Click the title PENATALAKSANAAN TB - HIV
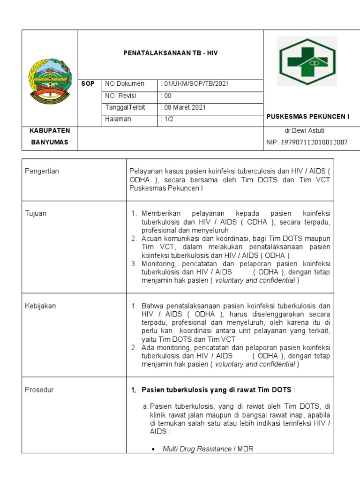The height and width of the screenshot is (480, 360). [171, 53]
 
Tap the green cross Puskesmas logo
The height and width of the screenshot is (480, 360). [307, 61]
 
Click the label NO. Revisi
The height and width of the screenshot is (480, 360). [120, 96]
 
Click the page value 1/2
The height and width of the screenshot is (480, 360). [166, 119]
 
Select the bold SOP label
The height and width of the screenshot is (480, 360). [88, 84]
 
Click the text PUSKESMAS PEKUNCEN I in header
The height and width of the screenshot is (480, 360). [308, 116]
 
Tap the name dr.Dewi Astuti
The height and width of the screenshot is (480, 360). [307, 130]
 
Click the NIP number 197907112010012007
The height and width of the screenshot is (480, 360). [307, 142]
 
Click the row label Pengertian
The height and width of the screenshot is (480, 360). [42, 171]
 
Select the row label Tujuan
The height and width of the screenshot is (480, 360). [35, 213]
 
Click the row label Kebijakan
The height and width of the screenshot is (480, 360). [40, 306]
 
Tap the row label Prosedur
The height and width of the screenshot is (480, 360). [39, 390]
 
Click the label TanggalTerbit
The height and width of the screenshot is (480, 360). [126, 107]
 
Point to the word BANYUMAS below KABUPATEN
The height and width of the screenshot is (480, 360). [50, 142]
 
